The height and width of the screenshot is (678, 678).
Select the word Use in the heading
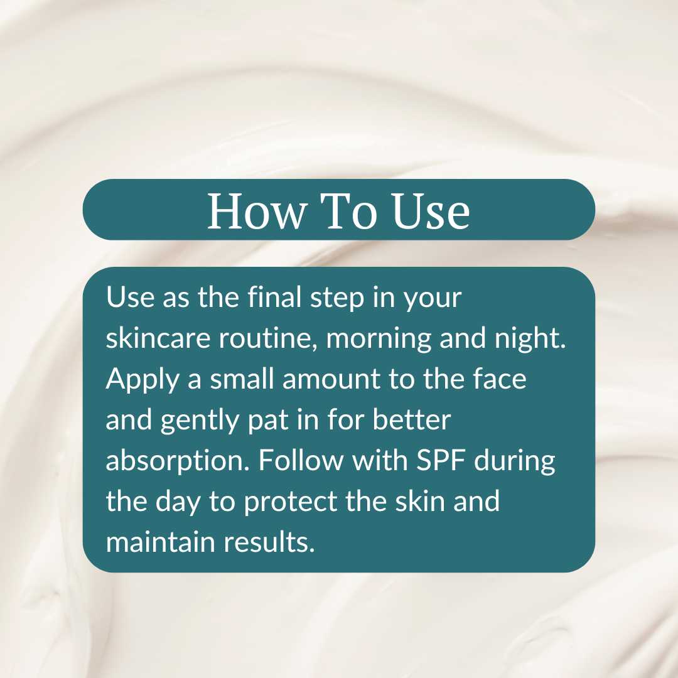[431, 211]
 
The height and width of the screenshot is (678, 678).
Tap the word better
[412, 420]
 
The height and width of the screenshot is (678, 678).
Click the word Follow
[301, 461]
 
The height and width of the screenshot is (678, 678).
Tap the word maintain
[160, 542]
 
